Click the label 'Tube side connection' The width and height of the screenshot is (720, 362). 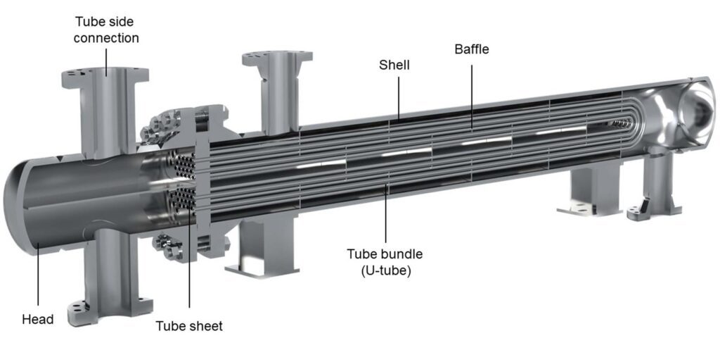coord(106,29)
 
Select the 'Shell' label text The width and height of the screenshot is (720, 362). coord(394,65)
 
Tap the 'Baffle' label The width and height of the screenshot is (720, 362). coord(471,49)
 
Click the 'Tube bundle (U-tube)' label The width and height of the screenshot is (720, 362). coord(385,261)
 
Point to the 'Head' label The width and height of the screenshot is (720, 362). coord(37,319)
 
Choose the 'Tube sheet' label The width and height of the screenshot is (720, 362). coord(188,325)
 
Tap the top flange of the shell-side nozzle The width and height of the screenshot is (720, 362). coord(277,58)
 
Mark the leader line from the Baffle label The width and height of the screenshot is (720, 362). coord(471,92)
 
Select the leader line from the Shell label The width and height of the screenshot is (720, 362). coord(398,95)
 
